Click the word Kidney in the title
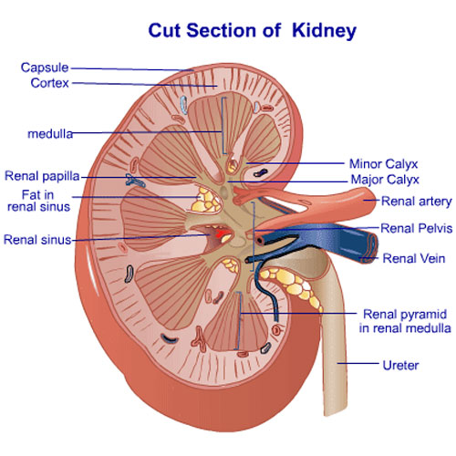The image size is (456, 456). click(324, 31)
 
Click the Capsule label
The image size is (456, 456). click(45, 67)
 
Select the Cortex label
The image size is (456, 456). click(49, 83)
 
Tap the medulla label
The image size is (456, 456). click(50, 134)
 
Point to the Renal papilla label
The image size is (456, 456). click(42, 176)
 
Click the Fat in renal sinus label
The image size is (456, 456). click(38, 201)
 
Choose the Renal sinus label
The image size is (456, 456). click(37, 240)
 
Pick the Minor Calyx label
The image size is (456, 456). click(383, 164)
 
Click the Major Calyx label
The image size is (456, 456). click(385, 180)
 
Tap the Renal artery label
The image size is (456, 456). click(416, 202)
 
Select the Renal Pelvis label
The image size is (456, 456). click(416, 228)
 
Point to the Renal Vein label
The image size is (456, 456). click(413, 258)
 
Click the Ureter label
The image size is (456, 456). click(400, 365)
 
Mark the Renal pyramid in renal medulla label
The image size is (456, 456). click(405, 321)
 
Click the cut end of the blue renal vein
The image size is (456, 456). click(369, 248)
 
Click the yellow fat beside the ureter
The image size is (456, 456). click(292, 285)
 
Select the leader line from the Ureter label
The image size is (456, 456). click(358, 363)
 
